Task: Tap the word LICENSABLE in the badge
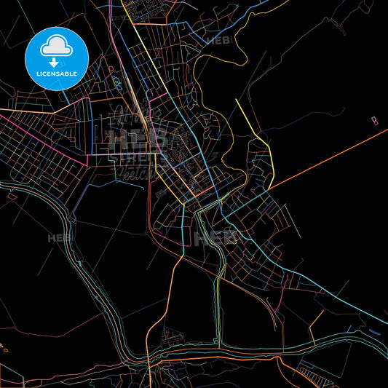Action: (57, 73)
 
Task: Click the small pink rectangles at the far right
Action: (374, 119)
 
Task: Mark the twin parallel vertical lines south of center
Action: (216, 291)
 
